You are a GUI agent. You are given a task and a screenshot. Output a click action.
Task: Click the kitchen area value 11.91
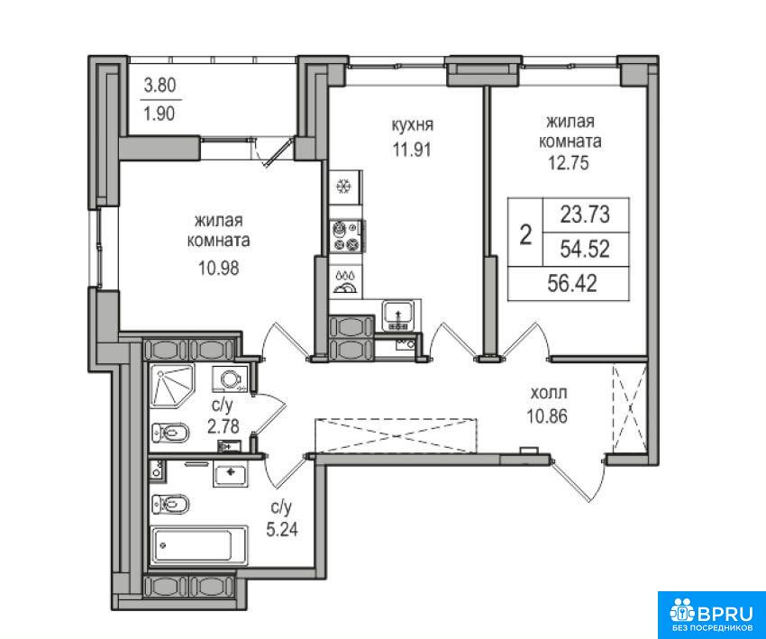pyautogui.click(x=413, y=149)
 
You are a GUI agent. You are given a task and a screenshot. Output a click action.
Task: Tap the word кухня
pyautogui.click(x=413, y=125)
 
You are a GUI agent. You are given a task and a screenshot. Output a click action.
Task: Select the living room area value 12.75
pyautogui.click(x=570, y=162)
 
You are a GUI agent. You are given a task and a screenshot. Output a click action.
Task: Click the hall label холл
pyautogui.click(x=549, y=393)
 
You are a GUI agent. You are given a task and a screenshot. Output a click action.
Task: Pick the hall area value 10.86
pyautogui.click(x=547, y=416)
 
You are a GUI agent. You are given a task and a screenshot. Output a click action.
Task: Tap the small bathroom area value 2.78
pyautogui.click(x=223, y=427)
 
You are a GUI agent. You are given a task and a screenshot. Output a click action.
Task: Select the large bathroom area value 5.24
pyautogui.click(x=282, y=530)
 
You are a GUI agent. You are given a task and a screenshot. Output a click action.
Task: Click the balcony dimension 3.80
pyautogui.click(x=160, y=86)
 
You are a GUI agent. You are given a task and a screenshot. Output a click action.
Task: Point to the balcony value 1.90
pyautogui.click(x=160, y=114)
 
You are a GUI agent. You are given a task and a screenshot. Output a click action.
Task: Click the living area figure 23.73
pyautogui.click(x=585, y=215)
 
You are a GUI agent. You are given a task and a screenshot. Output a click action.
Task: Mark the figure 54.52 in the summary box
pyautogui.click(x=585, y=250)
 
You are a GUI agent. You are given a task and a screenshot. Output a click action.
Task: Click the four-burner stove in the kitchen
pyautogui.click(x=346, y=236)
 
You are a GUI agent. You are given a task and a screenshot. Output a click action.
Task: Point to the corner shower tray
pyautogui.click(x=171, y=386)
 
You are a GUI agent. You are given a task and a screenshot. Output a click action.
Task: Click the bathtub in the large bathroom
pyautogui.click(x=198, y=545)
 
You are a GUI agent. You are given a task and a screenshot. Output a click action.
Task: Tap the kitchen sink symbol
pyautogui.click(x=398, y=315)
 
